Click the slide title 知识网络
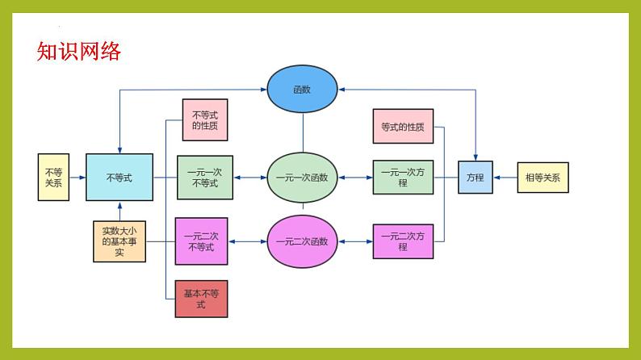(79, 52)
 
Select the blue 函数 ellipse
(302, 90)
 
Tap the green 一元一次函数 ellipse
(302, 177)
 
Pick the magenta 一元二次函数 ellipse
(302, 241)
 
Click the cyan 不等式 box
(119, 177)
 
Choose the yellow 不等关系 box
(54, 178)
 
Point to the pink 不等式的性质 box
(205, 120)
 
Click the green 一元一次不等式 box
(204, 178)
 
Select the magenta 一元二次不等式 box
(201, 241)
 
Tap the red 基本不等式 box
(201, 299)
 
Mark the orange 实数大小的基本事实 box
(119, 241)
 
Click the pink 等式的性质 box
(403, 127)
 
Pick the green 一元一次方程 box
(403, 178)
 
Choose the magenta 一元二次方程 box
(403, 241)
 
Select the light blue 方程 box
(476, 178)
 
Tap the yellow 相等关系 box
(543, 178)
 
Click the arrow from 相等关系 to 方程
(505, 178)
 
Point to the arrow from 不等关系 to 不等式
(78, 178)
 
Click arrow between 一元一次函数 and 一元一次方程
(355, 178)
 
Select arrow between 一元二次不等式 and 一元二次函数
(247, 241)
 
